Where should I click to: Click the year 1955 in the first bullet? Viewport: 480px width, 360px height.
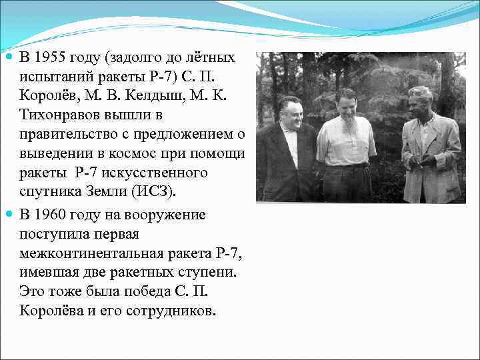click(x=48, y=57)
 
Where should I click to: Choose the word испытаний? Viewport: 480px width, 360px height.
click(x=53, y=77)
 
